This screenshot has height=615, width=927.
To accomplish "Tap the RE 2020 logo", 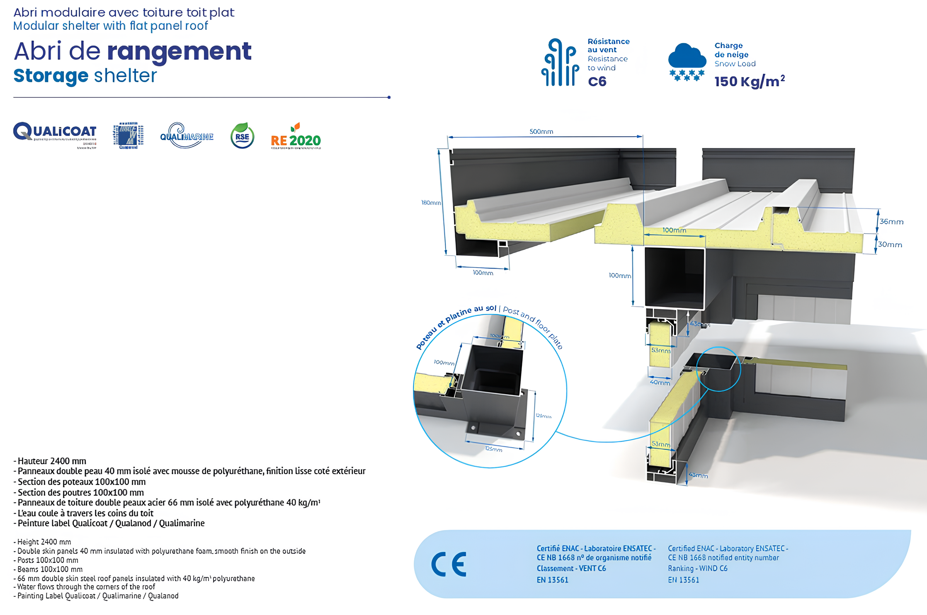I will [x=296, y=137].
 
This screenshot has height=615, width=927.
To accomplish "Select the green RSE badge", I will [x=242, y=136].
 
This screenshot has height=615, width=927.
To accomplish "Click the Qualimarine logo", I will [x=187, y=136].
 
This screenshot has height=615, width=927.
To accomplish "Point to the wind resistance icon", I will [x=560, y=63].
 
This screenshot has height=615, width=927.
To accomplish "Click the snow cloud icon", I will [x=687, y=62].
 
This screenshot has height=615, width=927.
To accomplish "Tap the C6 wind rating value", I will [x=597, y=82].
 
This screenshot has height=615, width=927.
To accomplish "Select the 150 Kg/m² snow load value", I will [x=749, y=81].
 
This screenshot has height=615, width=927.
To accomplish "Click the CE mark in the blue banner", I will [x=449, y=564].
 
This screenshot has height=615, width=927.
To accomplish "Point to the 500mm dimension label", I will [x=541, y=132].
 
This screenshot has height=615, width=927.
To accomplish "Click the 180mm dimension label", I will [x=431, y=203].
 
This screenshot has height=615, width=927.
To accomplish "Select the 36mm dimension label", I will [x=891, y=222].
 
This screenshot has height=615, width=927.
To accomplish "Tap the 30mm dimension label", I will [x=890, y=245].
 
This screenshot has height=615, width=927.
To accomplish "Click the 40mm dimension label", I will [x=660, y=383].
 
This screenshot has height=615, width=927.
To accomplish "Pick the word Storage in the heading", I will [x=51, y=76].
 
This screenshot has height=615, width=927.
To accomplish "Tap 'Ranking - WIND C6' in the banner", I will [x=697, y=569].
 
